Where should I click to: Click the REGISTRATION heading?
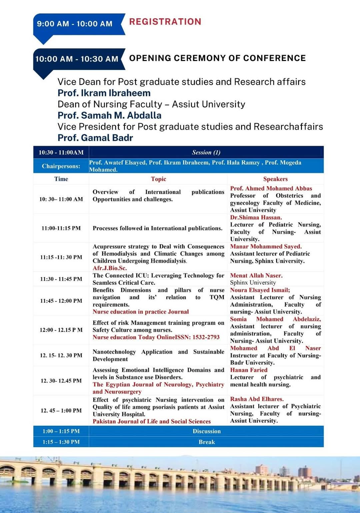(165, 22)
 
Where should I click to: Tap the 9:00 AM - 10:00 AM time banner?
(75, 24)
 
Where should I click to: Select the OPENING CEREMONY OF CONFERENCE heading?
(217, 58)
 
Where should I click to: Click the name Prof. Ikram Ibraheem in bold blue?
(104, 93)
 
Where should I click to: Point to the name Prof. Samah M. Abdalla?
(109, 115)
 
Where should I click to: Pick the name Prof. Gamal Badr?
(95, 138)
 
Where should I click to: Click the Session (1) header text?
(206, 152)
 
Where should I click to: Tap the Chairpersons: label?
(61, 166)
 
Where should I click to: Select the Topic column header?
(158, 179)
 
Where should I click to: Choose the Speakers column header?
(275, 179)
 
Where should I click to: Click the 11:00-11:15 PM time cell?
(61, 228)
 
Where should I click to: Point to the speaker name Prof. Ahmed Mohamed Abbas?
(271, 188)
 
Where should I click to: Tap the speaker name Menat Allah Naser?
(256, 275)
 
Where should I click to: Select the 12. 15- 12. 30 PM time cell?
(61, 355)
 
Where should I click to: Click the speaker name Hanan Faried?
(249, 370)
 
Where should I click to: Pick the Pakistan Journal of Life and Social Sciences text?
(152, 421)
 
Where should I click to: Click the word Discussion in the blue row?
(207, 431)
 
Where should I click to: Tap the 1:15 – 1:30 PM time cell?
(61, 442)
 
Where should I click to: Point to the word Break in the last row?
(207, 442)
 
